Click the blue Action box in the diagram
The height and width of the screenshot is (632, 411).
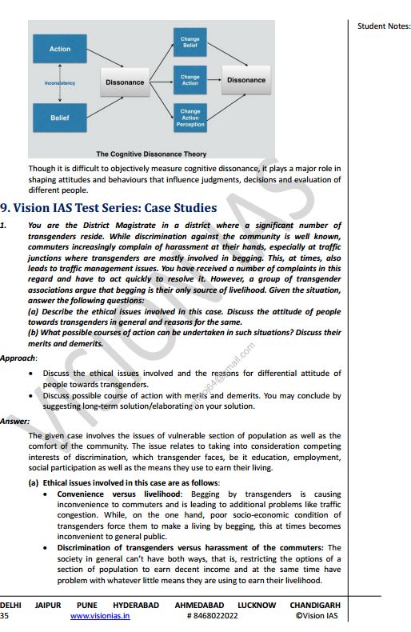tap(60, 50)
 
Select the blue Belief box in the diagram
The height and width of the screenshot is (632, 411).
tap(60, 118)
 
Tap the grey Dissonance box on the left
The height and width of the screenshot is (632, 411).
tap(125, 82)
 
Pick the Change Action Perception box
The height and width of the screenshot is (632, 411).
tap(190, 118)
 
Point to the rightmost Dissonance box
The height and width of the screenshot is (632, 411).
tap(245, 80)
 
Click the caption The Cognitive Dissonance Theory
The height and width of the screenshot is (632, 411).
tap(151, 154)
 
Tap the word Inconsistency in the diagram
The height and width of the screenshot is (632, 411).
tap(60, 82)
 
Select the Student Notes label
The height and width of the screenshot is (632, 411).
tap(383, 26)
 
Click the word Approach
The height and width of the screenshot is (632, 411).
tap(18, 358)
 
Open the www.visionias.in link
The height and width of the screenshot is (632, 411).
tap(100, 616)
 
